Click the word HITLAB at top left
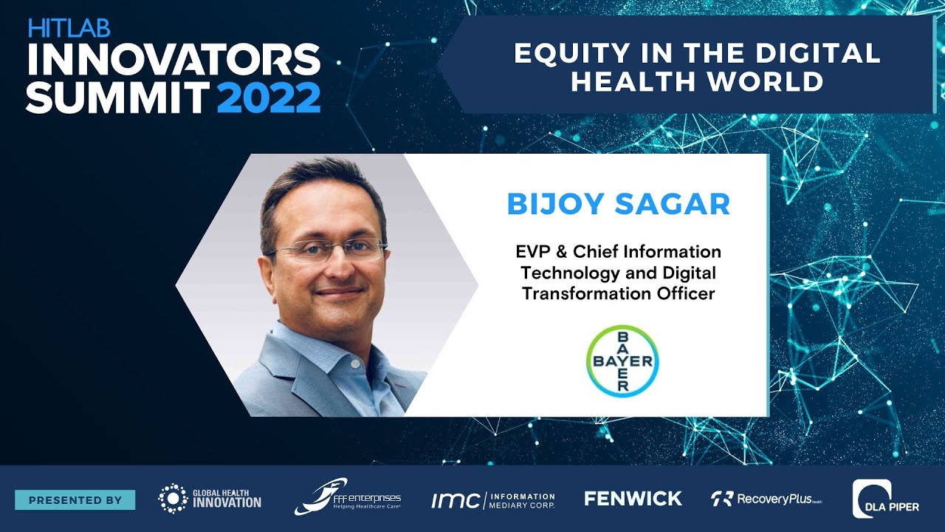pos(69,29)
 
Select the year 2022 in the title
pos(269,98)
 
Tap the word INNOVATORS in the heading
pos(173,61)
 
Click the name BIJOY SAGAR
pos(618,204)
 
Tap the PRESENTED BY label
pos(75,500)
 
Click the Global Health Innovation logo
pos(210,499)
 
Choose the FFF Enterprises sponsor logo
pos(347,498)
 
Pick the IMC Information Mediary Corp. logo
pos(492,500)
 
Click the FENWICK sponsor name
pos(633,499)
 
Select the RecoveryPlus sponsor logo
pos(766,499)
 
